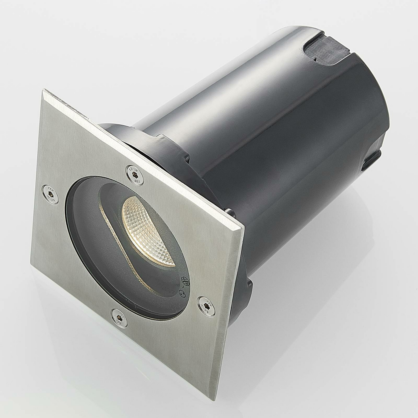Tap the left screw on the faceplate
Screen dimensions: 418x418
coord(50,193)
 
